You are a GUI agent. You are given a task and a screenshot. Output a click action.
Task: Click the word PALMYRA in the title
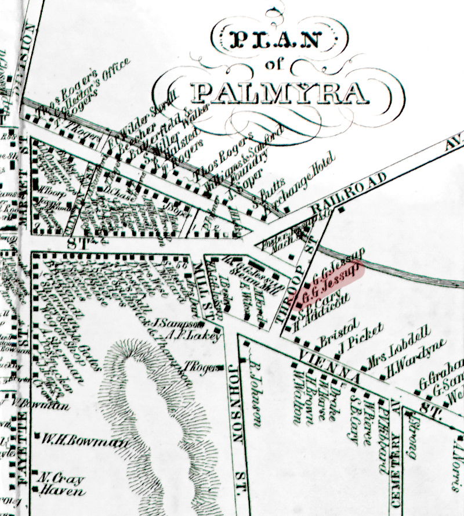tap(280, 92)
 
